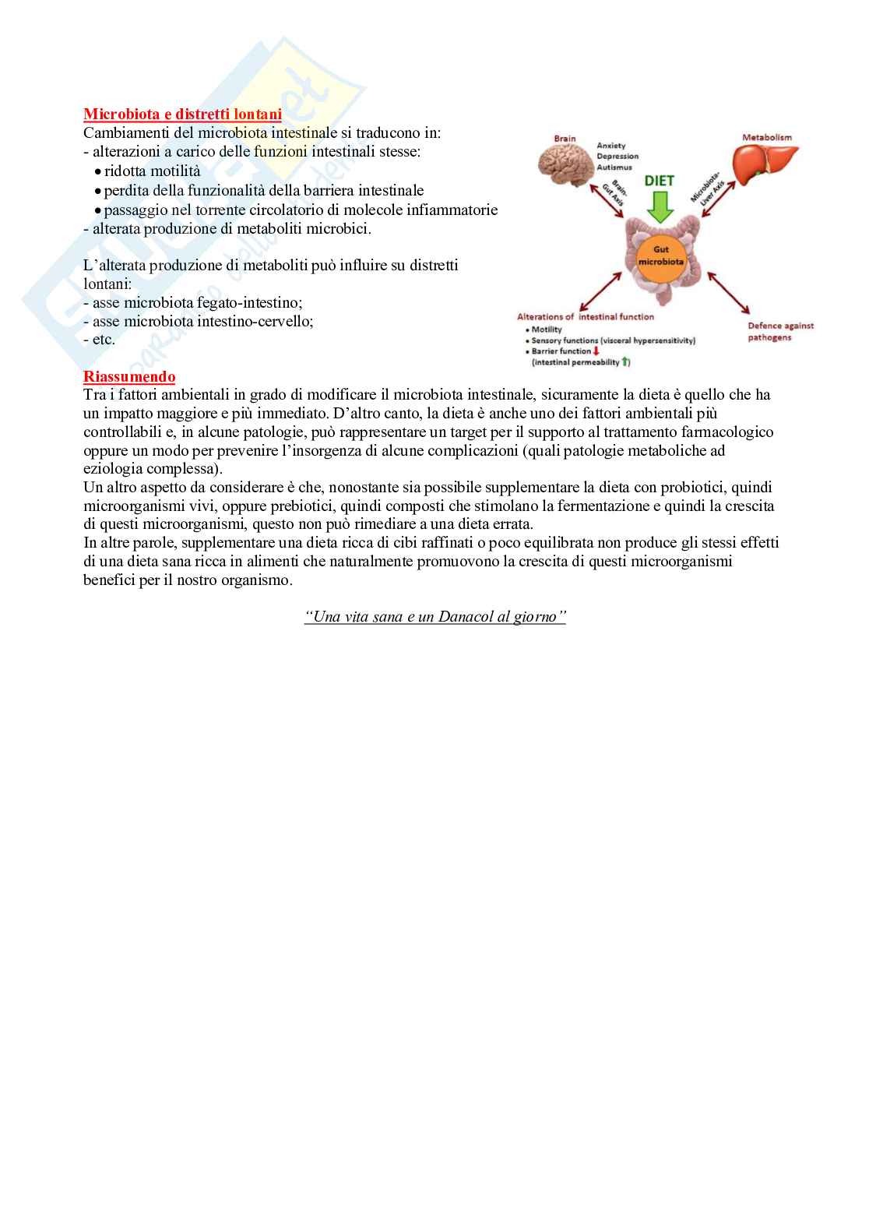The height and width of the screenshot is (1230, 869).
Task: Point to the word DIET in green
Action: [x=661, y=181]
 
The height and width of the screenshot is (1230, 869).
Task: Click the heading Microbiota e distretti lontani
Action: [x=182, y=115]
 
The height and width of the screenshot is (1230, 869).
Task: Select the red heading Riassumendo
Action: [x=129, y=377]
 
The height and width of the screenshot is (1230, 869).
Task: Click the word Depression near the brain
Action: [x=617, y=157]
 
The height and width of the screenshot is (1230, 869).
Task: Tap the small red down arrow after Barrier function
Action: [x=596, y=351]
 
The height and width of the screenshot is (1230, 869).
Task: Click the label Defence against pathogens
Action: [x=779, y=332]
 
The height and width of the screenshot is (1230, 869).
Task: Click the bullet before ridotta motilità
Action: [x=97, y=172]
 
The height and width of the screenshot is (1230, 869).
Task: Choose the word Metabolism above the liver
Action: [x=766, y=137]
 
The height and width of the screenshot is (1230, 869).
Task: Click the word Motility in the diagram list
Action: [x=547, y=330]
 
